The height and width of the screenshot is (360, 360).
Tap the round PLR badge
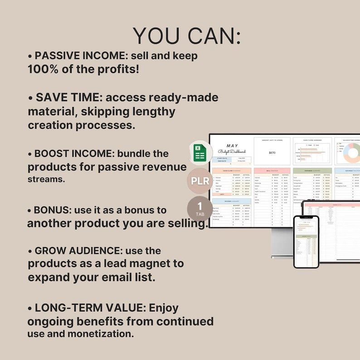(199, 181)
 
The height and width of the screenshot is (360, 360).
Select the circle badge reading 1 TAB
(199, 209)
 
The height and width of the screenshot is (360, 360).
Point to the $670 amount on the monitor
(272, 153)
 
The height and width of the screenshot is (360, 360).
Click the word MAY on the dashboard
(232, 146)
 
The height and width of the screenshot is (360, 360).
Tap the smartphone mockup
(306, 241)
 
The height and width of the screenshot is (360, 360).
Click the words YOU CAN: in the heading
(187, 36)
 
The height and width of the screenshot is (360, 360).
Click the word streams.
(46, 179)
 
